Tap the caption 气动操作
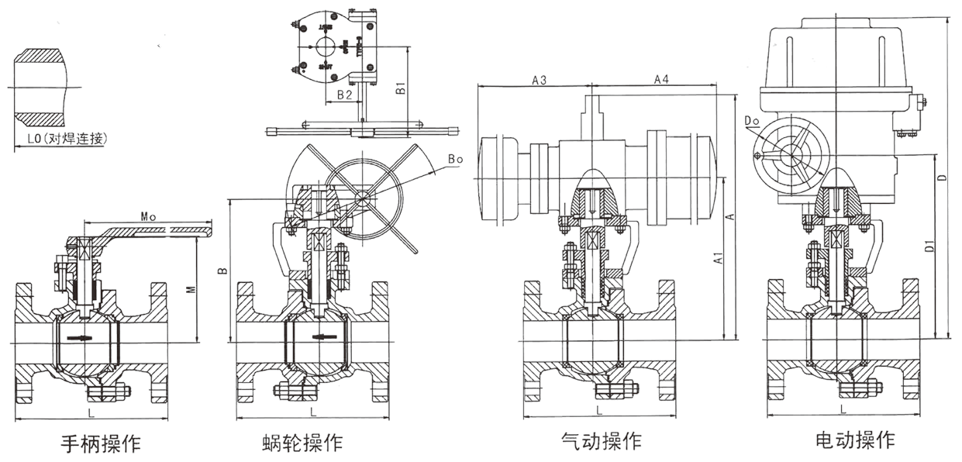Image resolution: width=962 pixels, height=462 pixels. pyautogui.click(x=602, y=441)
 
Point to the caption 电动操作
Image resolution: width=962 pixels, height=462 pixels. pyautogui.click(x=855, y=440)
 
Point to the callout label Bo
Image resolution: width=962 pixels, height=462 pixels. pyautogui.click(x=455, y=160)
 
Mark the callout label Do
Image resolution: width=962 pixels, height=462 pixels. pyautogui.click(x=751, y=121)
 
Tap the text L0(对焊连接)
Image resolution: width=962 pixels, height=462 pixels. pyautogui.click(x=60, y=140)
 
